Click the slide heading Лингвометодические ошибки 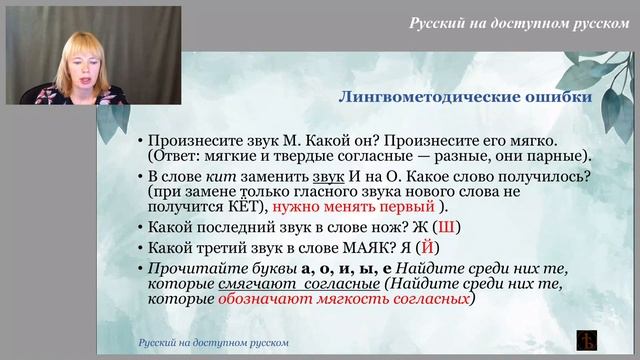coord(465,98)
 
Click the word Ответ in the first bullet coord(175,157)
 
